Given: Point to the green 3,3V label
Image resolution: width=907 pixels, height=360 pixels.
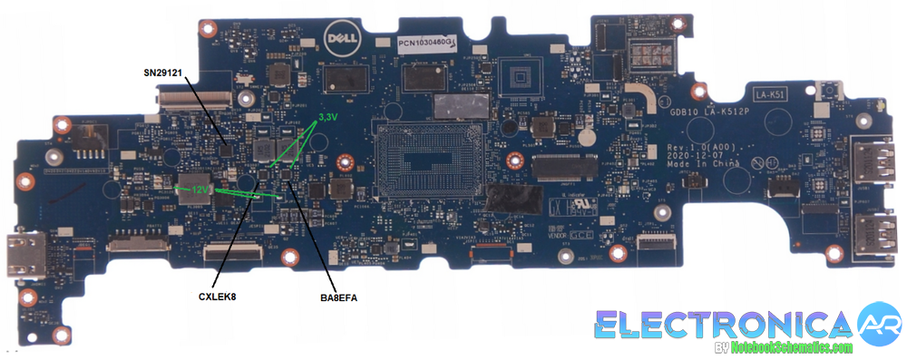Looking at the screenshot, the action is tap(328, 119).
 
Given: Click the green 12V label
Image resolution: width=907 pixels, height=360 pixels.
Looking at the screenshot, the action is tap(200, 190).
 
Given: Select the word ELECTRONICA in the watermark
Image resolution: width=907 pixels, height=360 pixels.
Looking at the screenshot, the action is tap(725, 324).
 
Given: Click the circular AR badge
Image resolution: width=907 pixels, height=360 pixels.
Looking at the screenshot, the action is tap(879, 325).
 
